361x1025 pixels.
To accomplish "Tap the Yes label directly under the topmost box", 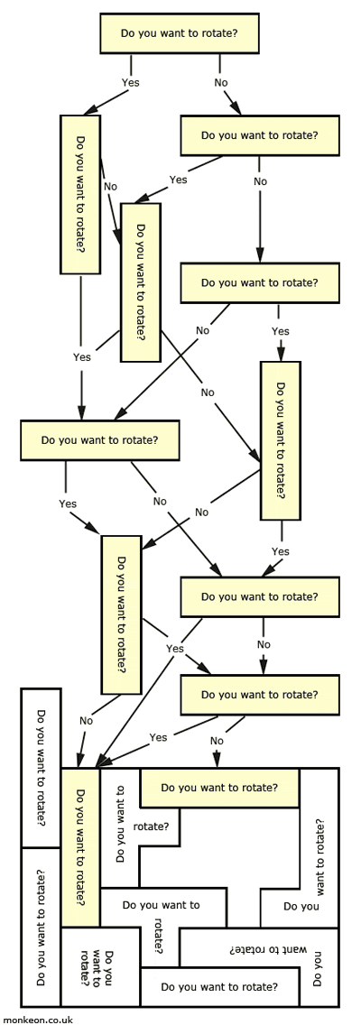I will tap(131, 82).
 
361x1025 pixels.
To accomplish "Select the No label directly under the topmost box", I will tap(221, 82).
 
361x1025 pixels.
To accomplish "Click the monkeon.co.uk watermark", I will tap(37, 1019).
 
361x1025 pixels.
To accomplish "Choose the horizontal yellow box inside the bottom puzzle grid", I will tap(219, 788).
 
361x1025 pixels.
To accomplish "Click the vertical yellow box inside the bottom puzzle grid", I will tap(80, 847).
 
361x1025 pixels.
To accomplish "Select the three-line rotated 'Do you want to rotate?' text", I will tap(99, 968).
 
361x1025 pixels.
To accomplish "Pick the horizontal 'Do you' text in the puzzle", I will tap(301, 906).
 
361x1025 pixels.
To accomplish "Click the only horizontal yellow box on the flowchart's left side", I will tap(99, 441).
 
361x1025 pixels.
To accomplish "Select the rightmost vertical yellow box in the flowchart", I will tap(280, 440).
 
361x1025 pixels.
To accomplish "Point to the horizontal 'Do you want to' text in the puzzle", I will tap(160, 903).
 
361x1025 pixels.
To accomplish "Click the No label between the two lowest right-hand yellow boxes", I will tap(264, 644).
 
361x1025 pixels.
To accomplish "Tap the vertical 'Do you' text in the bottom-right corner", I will tap(318, 967).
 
